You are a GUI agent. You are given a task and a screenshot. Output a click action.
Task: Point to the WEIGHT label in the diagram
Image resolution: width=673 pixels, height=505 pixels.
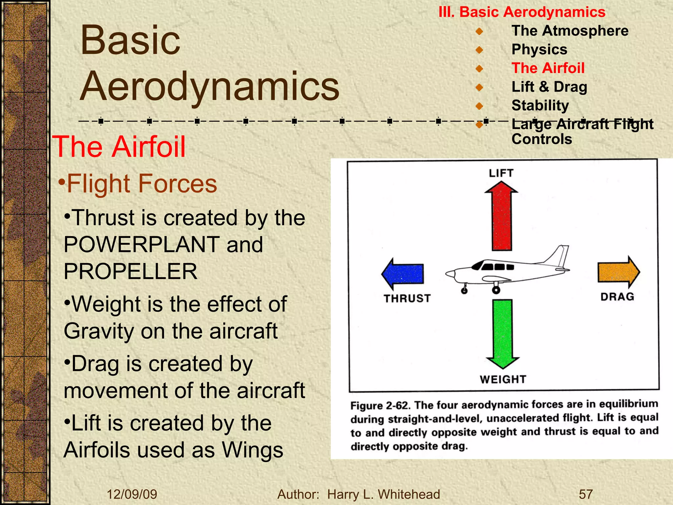pyautogui.click(x=503, y=379)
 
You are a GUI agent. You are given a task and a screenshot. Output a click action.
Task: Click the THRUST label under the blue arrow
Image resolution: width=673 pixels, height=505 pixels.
pyautogui.click(x=407, y=298)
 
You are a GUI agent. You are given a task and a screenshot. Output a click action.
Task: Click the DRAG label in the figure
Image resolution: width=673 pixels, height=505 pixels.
pyautogui.click(x=617, y=297)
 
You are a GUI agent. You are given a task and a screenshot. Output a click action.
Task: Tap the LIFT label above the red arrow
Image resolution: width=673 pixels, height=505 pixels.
pyautogui.click(x=501, y=173)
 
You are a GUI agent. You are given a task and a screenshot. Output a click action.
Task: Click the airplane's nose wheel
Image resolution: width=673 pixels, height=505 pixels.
pyautogui.click(x=464, y=291)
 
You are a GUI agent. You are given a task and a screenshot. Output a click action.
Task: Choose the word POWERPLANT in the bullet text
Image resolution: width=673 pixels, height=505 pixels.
pyautogui.click(x=141, y=245)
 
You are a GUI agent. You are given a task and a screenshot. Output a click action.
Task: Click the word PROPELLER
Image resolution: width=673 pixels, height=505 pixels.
pyautogui.click(x=130, y=272)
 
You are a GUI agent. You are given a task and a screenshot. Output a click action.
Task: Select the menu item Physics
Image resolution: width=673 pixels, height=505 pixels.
pyautogui.click(x=539, y=50)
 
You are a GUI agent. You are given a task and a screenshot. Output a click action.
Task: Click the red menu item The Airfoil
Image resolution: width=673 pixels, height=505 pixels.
pyautogui.click(x=548, y=68)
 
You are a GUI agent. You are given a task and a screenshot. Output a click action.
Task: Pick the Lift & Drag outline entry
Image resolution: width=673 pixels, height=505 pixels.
pyautogui.click(x=549, y=87)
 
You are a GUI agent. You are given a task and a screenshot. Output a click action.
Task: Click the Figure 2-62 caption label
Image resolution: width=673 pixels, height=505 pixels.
pyautogui.click(x=380, y=405)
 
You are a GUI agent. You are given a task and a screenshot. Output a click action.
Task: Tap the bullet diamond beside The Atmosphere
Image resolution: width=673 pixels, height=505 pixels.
pyautogui.click(x=479, y=32)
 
